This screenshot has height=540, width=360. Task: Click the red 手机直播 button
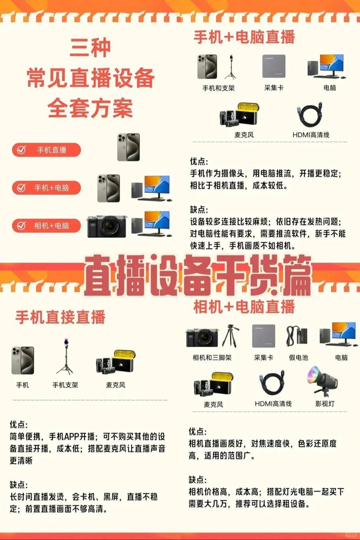[46, 150]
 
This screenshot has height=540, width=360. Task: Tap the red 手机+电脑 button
[46, 187]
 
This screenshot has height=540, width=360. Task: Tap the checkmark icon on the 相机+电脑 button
[21, 225]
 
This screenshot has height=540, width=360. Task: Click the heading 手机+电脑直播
[244, 37]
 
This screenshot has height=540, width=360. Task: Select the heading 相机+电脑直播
[244, 307]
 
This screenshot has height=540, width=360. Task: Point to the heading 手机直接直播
[60, 317]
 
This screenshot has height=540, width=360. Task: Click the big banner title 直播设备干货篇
[198, 276]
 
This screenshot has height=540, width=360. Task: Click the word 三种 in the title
[90, 48]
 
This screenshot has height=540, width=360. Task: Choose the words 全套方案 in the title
[90, 108]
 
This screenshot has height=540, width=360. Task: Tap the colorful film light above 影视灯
[323, 382]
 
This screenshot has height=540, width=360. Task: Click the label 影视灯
[325, 404]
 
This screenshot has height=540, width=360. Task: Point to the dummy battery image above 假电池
[297, 336]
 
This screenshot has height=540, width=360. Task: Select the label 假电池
[298, 357]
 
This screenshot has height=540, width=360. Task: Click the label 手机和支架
[218, 88]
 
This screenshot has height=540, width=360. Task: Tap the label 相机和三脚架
[212, 357]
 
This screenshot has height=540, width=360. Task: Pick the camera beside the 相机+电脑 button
[107, 226]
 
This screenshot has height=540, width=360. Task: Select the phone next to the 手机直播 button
[128, 147]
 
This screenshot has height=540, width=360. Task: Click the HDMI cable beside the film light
[272, 383]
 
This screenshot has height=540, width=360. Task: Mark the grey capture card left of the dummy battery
[264, 336]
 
